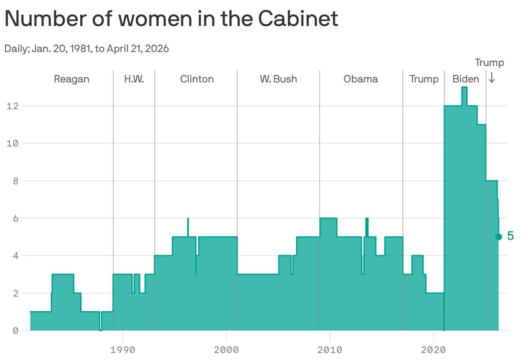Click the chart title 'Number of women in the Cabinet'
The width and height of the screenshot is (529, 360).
(171, 19)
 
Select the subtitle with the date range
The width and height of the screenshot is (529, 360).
(86, 49)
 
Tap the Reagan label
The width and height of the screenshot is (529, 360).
(71, 79)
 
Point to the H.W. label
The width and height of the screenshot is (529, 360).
(134, 79)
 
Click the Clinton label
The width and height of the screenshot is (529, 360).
(197, 79)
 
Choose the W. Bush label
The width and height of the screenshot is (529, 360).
(278, 79)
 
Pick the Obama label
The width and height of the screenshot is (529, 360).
(361, 79)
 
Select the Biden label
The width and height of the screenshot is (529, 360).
(466, 79)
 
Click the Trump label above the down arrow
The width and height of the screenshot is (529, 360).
(489, 63)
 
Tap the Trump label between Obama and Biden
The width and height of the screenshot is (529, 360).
(424, 79)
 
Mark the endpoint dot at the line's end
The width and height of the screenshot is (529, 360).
(499, 237)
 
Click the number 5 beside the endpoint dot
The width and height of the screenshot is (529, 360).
(510, 236)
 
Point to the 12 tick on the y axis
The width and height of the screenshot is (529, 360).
(12, 106)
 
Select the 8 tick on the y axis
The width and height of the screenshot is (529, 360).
(15, 181)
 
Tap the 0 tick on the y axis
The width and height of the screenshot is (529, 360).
(15, 330)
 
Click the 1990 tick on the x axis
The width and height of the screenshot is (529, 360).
(122, 350)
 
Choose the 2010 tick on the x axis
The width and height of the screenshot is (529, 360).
(330, 350)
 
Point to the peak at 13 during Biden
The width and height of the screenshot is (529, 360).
(464, 88)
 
